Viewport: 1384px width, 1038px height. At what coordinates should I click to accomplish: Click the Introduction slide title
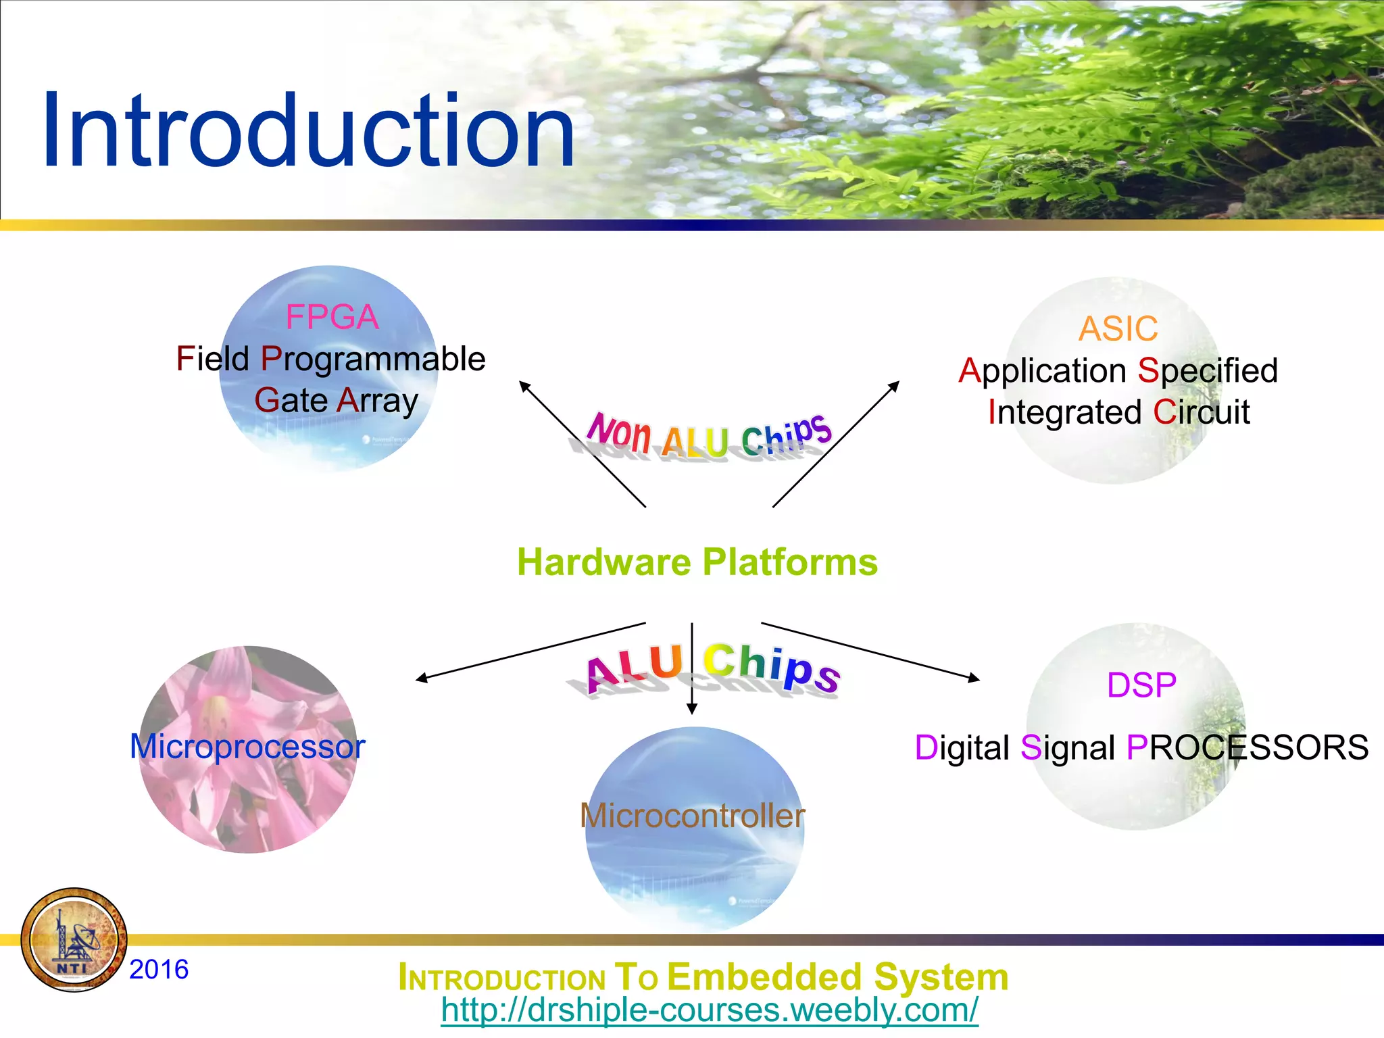pos(307,130)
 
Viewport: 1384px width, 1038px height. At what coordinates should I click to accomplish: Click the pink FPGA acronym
pos(332,317)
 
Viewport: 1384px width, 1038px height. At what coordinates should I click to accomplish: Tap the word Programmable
pos(373,360)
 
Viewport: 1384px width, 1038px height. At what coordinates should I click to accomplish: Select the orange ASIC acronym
pos(1118,329)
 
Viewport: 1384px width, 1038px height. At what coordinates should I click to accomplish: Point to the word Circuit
pos(1202,412)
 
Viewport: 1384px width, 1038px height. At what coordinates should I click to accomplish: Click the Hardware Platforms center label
pos(697,562)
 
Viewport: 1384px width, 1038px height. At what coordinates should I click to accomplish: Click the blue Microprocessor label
pos(247,747)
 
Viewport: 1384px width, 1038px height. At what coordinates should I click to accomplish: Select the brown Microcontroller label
pos(692,816)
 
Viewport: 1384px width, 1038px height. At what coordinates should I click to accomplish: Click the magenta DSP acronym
pos(1141,685)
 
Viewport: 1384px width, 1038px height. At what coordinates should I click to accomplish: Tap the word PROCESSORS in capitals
pos(1247,747)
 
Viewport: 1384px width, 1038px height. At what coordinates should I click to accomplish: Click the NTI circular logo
pos(74,940)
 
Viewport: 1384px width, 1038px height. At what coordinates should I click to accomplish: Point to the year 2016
pos(159,969)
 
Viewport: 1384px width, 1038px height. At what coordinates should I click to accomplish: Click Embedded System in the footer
pos(837,977)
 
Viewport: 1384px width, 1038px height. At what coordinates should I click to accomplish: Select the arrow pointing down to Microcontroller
pos(691,669)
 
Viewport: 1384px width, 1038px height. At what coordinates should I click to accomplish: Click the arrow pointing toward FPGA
pos(581,443)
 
